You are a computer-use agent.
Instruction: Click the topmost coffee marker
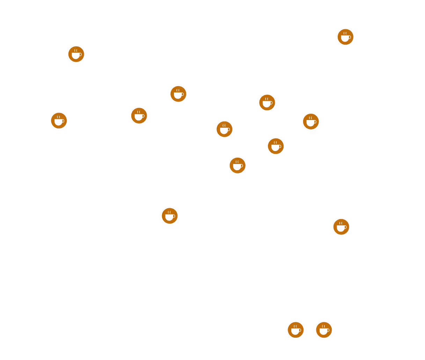click(x=345, y=37)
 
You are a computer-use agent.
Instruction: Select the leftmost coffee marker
click(x=59, y=121)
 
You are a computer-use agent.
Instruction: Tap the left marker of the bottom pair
click(x=296, y=330)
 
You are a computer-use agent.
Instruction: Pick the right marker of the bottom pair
click(x=324, y=330)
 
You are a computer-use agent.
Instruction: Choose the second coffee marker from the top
click(x=76, y=54)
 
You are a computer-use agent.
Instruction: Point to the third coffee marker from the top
click(x=178, y=94)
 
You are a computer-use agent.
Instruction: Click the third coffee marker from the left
click(x=139, y=115)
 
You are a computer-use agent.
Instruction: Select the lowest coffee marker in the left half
click(x=170, y=216)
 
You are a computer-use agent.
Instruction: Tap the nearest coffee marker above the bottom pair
click(x=341, y=227)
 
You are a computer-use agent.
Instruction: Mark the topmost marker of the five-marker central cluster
click(x=267, y=103)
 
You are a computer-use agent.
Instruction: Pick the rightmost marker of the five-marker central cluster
click(x=311, y=121)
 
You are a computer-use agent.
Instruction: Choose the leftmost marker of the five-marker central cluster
click(x=225, y=129)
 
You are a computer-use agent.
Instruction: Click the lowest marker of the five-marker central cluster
click(x=237, y=165)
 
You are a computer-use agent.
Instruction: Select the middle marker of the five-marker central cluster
click(x=276, y=146)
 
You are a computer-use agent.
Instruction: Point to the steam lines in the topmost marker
click(x=345, y=33)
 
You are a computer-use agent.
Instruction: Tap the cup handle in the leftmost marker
click(x=63, y=121)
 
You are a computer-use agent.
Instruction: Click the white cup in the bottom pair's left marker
click(x=295, y=331)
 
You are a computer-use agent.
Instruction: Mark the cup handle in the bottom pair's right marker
click(x=328, y=330)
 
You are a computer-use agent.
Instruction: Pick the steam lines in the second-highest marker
click(x=76, y=50)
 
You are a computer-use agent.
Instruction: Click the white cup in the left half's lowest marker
click(x=169, y=217)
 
